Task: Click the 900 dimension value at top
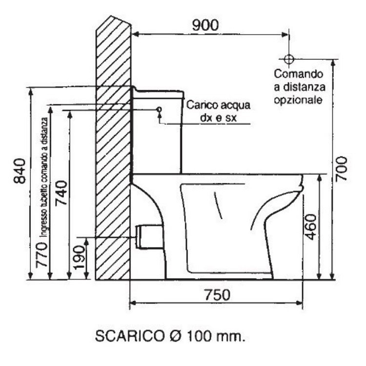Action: (x=205, y=25)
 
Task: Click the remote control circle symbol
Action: (x=288, y=59)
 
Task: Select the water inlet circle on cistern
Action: (x=159, y=109)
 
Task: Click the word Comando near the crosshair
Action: (x=299, y=75)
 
